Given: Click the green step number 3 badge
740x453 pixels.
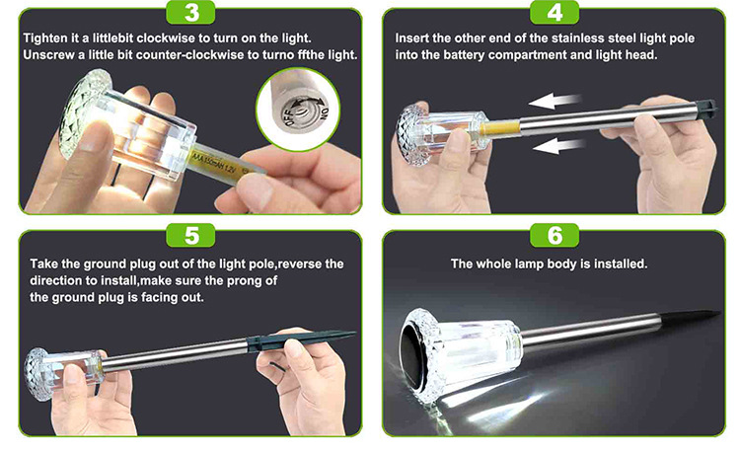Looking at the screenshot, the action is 190,12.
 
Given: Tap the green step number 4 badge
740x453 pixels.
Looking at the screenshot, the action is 555,12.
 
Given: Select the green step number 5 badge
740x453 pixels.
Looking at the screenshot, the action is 190,235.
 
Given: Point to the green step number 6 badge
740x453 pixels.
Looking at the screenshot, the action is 555,235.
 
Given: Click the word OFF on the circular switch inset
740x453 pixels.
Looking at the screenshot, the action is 290,116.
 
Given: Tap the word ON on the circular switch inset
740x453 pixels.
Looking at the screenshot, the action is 325,113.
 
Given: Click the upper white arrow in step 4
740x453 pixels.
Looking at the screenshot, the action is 555,100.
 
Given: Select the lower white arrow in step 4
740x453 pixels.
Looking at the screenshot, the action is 558,145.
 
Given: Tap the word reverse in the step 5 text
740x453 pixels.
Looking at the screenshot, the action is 300,264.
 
